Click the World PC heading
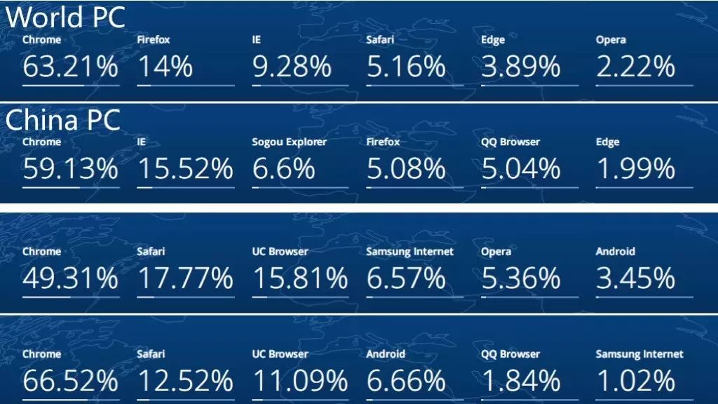(65, 17)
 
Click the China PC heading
(62, 119)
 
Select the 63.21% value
(70, 67)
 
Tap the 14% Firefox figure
(165, 67)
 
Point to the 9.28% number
(292, 67)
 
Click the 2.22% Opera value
(635, 67)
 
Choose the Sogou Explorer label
(289, 142)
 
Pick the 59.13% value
(70, 168)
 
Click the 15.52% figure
(185, 168)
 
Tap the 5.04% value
(521, 168)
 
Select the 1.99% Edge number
(635, 168)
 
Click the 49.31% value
(70, 278)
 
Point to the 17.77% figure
(185, 278)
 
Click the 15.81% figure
(300, 278)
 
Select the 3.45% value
(635, 278)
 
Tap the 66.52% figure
(70, 381)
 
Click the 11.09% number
(300, 381)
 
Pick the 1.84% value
(521, 381)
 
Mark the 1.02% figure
(635, 381)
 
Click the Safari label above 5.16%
(380, 40)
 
